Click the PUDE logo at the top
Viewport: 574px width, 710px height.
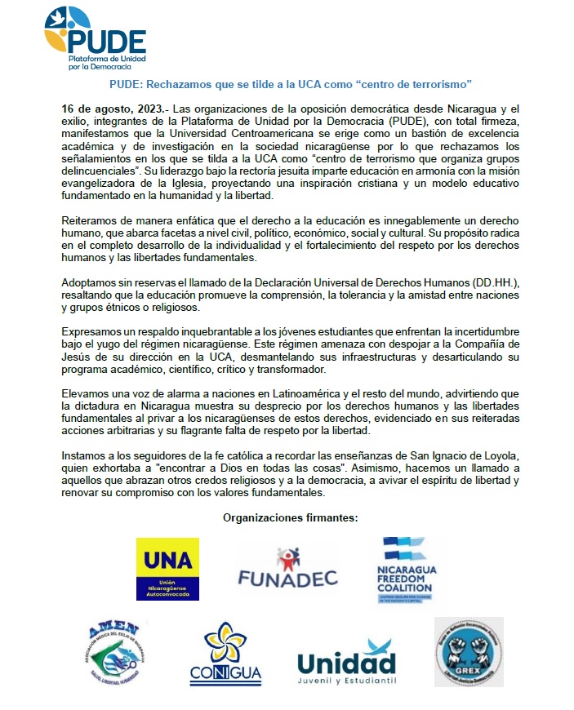(95, 39)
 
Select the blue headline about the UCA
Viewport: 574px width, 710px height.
(291, 85)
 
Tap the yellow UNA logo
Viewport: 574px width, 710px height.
(167, 569)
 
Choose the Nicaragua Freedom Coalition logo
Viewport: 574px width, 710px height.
(406, 569)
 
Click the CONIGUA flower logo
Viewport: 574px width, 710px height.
(225, 656)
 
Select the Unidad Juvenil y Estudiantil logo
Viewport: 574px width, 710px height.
(346, 662)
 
